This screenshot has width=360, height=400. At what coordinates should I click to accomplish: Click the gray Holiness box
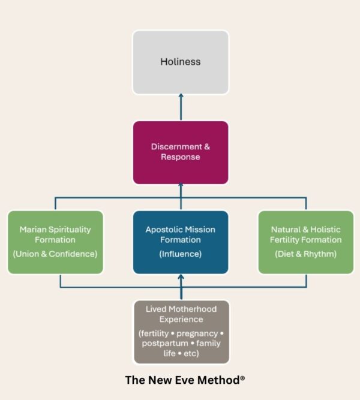(181, 62)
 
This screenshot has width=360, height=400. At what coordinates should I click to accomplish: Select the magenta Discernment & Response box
(181, 152)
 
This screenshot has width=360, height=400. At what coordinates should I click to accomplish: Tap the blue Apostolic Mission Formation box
(181, 242)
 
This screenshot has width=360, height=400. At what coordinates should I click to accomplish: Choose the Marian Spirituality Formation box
(55, 242)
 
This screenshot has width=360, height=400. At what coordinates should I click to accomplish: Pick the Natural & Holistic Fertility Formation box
(306, 242)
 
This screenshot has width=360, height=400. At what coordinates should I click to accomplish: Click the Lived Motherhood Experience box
(182, 332)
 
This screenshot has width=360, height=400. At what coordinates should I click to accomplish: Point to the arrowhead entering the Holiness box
(181, 96)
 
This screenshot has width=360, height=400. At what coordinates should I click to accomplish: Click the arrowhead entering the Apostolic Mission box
(181, 277)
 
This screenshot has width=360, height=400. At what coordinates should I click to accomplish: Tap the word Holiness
(181, 62)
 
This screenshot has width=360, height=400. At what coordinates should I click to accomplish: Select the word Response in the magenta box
(181, 157)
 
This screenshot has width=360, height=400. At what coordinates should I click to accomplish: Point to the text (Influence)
(181, 254)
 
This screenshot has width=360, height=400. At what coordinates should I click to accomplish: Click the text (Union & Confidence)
(55, 254)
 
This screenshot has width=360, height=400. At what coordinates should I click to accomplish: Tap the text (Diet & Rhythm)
(306, 254)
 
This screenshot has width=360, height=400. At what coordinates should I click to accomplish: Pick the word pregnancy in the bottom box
(197, 333)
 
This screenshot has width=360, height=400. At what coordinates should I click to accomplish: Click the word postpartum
(165, 344)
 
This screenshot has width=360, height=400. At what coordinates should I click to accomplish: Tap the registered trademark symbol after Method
(242, 378)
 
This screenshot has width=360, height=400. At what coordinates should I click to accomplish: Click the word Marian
(33, 229)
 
